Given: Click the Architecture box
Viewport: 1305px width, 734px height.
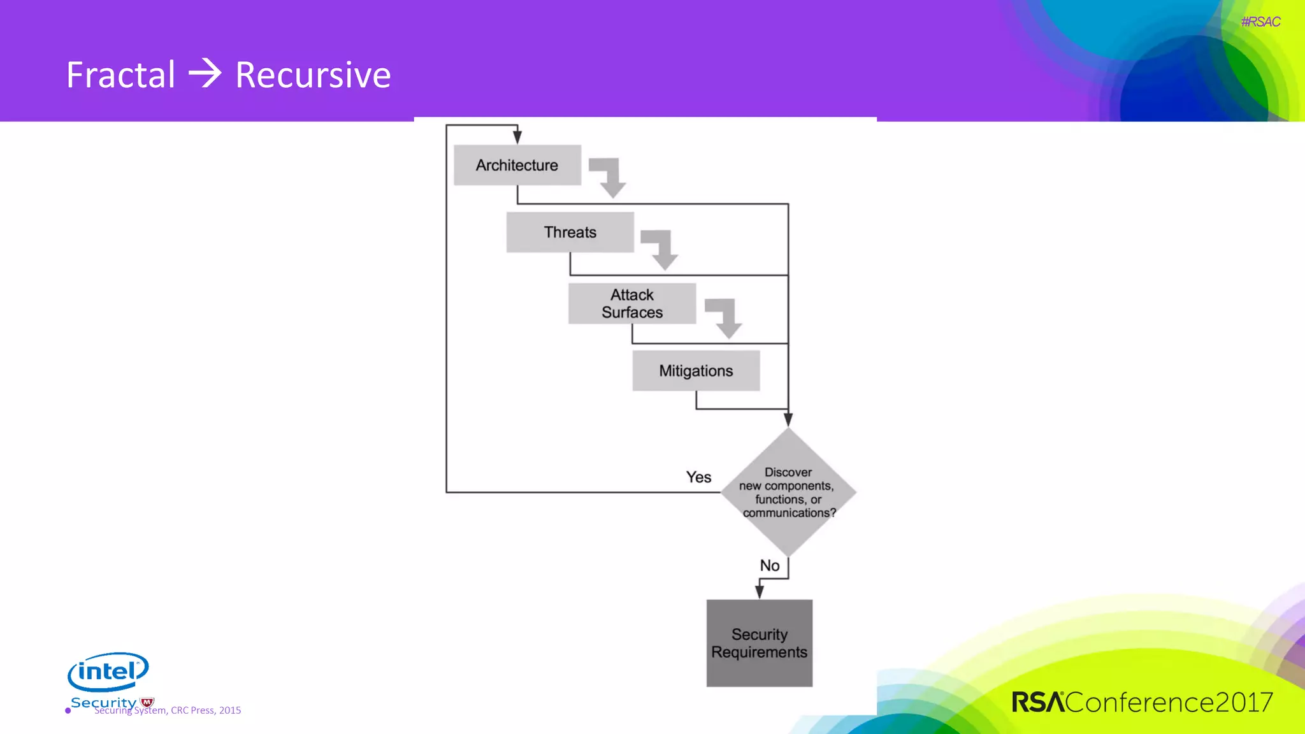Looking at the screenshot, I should [517, 165].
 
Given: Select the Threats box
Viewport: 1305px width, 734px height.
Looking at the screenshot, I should [570, 232].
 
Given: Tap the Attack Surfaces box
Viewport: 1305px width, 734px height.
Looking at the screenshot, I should [631, 303].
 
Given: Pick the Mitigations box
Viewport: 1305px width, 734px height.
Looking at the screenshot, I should [696, 370].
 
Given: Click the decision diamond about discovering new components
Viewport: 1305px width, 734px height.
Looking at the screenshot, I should [788, 492].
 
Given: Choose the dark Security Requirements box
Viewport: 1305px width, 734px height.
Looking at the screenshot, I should [759, 643].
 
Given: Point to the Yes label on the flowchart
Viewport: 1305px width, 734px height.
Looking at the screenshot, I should [698, 477].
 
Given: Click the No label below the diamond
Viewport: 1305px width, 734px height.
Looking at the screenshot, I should [769, 565].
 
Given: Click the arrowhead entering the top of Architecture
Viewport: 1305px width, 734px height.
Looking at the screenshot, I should [517, 136].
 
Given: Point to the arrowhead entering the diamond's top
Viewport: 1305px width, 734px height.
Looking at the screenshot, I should [788, 419].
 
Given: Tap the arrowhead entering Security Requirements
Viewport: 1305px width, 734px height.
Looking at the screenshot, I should [759, 591].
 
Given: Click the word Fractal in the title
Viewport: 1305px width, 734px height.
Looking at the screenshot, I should [120, 75].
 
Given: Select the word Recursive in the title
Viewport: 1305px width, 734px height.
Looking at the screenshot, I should [313, 75].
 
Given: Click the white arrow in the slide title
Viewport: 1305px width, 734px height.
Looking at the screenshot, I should [205, 73].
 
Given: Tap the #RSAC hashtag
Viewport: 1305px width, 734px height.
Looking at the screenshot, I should [1260, 22].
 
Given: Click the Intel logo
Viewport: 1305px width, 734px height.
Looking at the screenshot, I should [108, 672].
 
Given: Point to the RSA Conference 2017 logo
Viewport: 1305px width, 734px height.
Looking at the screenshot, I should [1142, 702].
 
